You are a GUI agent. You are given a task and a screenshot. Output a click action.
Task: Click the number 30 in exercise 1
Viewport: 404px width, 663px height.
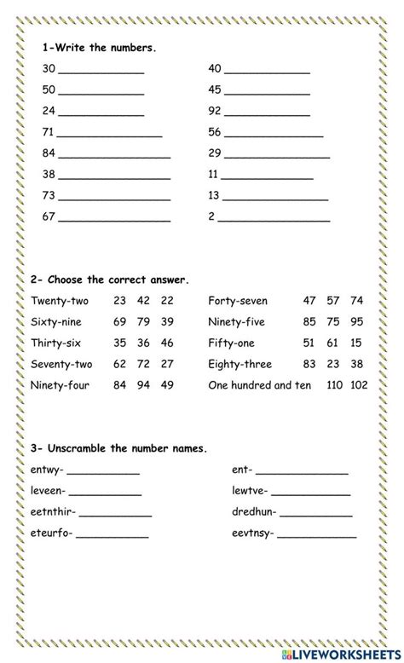48,69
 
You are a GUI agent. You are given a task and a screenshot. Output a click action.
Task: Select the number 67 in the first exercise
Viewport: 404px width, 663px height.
48,216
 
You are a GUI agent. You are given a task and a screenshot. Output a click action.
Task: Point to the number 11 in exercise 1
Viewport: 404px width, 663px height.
214,175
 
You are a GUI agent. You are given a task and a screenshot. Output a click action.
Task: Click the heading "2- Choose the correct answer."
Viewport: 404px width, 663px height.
109,280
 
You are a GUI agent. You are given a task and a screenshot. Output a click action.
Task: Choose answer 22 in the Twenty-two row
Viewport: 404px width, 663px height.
167,301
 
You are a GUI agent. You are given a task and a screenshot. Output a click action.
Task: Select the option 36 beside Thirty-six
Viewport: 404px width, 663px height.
144,343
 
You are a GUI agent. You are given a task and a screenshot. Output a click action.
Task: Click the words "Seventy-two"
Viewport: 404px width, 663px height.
61,364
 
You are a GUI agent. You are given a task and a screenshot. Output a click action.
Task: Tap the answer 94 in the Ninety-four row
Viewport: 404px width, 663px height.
144,385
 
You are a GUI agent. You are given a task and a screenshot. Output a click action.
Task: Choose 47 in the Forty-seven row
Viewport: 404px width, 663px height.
309,301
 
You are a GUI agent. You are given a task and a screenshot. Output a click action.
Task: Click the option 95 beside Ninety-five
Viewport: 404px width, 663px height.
356,322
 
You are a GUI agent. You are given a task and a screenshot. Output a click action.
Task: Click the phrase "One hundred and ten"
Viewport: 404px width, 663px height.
261,385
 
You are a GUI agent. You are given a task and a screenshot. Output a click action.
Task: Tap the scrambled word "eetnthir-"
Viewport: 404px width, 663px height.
52,512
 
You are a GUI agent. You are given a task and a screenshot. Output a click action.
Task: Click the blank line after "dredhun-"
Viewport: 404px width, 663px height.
316,515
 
